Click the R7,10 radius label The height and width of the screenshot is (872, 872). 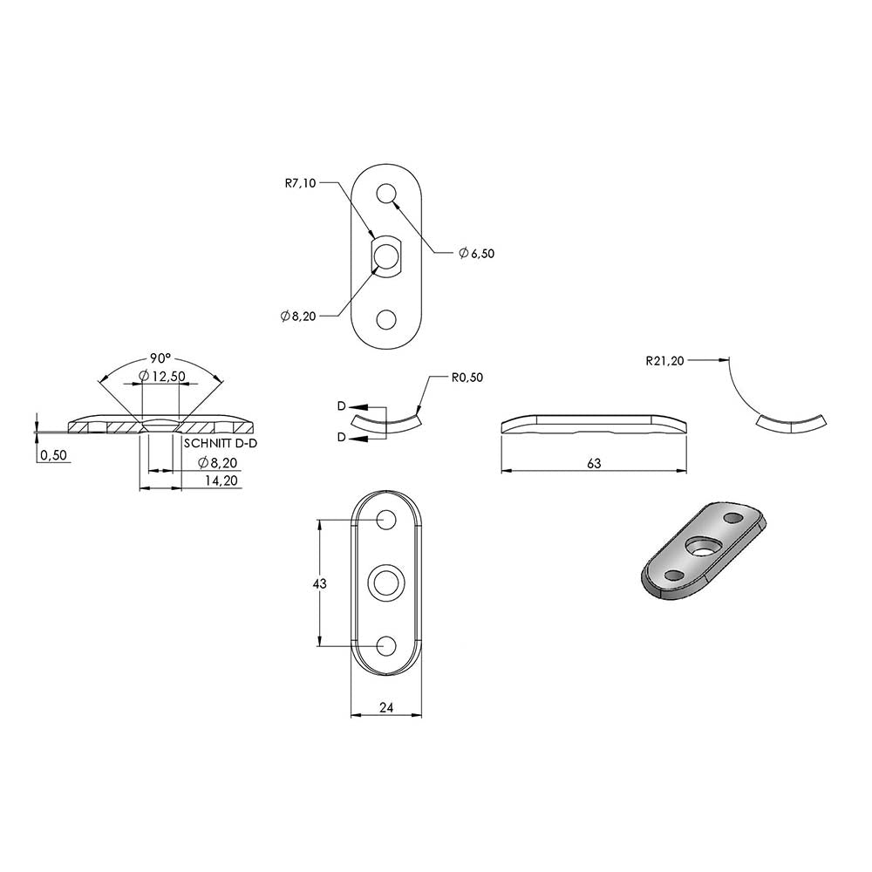point(300,183)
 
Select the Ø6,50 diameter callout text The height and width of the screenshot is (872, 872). point(477,254)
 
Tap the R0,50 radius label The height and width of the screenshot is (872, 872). point(467,378)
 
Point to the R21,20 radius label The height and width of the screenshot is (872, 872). point(664,361)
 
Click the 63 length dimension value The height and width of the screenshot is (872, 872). point(594,463)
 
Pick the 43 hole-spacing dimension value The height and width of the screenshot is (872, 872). point(320,583)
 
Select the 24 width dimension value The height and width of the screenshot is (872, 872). point(386,707)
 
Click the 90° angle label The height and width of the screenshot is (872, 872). point(160,358)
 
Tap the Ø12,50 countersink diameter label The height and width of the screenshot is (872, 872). point(162,377)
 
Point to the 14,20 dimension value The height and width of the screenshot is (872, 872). point(221,480)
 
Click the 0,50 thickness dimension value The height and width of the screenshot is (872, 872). point(53,455)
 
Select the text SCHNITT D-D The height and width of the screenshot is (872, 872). point(221,444)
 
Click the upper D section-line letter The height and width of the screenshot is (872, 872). point(342,406)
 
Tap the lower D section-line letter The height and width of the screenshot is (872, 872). point(342,438)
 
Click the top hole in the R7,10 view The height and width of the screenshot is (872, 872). point(386,194)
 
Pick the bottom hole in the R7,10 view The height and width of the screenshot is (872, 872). point(386,320)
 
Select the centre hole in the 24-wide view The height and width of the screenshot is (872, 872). point(386,582)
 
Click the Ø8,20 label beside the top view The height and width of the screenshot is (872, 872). point(298,317)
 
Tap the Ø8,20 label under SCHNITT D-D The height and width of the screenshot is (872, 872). point(218,463)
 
